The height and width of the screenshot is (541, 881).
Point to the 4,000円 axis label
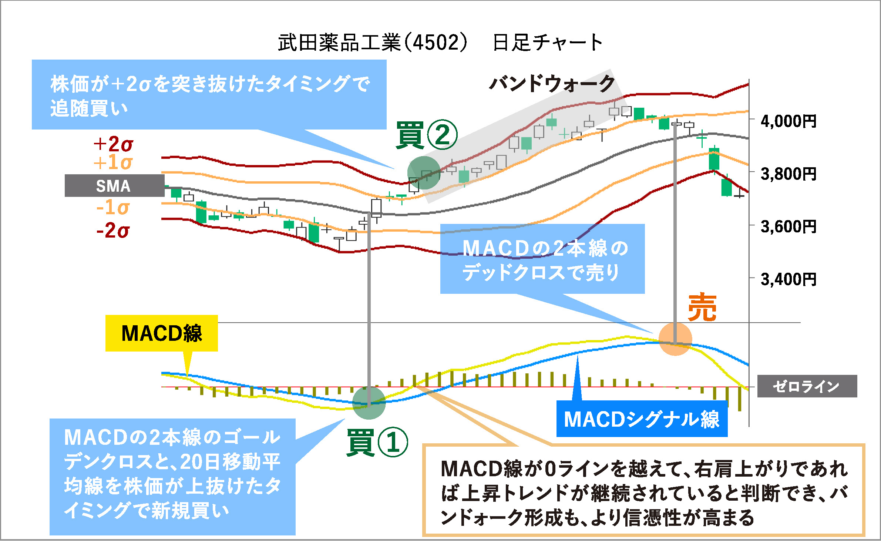pos(788,121)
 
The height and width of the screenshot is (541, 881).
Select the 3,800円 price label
pos(788,174)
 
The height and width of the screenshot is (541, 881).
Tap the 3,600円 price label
pos(788,226)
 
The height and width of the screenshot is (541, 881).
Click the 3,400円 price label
pos(788,279)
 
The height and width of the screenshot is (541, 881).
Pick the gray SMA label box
pos(114,185)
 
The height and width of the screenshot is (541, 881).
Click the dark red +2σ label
pos(113,144)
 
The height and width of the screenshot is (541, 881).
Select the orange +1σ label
pos(113,162)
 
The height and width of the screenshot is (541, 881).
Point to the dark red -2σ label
pos(113,230)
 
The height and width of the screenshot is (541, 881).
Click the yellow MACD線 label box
pos(162,333)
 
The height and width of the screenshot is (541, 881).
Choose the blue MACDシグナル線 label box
pos(642,419)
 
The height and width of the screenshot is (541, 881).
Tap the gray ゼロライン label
pos(807,386)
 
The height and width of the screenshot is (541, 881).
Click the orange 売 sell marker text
pos(702,307)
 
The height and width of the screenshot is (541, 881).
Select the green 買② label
pos(427,135)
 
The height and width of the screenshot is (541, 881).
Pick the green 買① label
pos(377,442)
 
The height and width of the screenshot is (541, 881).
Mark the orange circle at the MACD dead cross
pos(675,339)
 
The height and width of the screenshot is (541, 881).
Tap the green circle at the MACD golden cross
pos(369,403)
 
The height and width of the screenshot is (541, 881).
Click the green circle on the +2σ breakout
pos(424,173)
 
